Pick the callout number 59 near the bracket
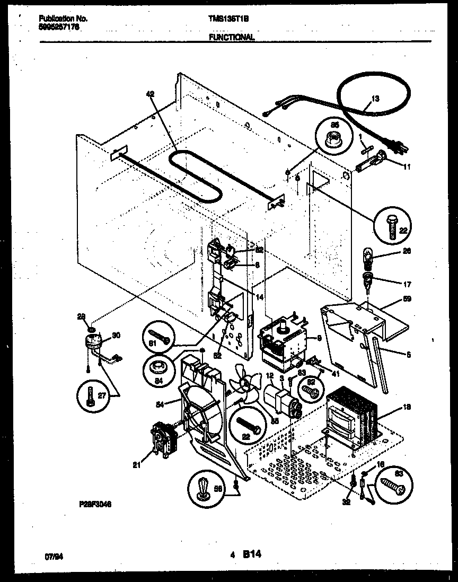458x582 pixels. tap(407, 299)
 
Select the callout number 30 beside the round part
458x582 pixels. tap(116, 335)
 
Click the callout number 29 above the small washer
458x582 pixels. tap(81, 317)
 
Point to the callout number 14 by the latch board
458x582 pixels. tap(259, 298)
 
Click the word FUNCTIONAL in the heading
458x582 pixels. tap(232, 37)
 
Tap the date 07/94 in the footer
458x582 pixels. tap(51, 557)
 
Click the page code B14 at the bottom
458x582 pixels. tap(252, 555)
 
